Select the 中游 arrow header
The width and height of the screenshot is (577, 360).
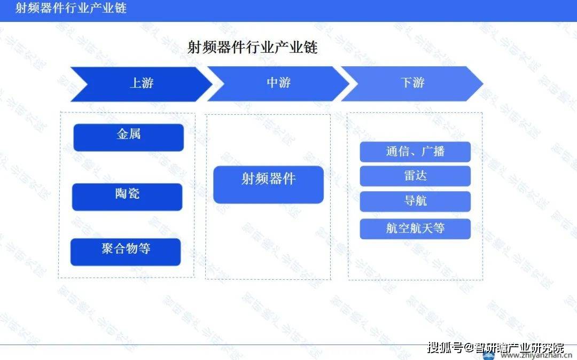click(278, 84)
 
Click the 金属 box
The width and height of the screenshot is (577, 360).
click(128, 137)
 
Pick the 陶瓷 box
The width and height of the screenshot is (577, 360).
click(127, 197)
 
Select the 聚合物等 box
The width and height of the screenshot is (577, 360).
click(126, 252)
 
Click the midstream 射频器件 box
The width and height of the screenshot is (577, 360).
click(268, 184)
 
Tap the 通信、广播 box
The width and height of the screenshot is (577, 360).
click(415, 152)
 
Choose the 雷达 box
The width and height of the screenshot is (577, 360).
click(415, 176)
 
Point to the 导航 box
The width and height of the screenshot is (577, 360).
click(415, 201)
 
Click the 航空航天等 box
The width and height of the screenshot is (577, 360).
click(415, 229)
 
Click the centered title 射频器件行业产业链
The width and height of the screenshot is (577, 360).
click(252, 48)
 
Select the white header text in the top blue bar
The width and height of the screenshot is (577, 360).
click(71, 9)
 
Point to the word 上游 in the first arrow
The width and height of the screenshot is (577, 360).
click(142, 83)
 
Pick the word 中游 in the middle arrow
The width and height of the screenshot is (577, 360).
click(278, 83)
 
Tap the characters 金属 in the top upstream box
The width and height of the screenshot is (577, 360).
click(128, 134)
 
